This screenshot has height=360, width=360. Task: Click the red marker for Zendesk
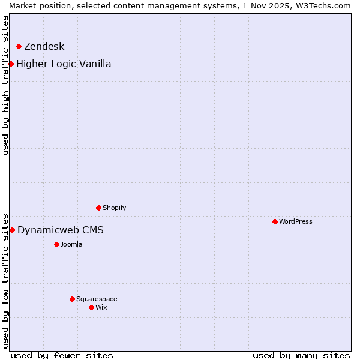(x=19, y=46)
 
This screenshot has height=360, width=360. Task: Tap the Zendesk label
(x=44, y=47)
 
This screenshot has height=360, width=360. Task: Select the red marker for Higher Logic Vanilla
(x=11, y=64)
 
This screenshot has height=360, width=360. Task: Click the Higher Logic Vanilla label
(x=64, y=64)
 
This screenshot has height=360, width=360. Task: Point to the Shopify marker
(x=98, y=208)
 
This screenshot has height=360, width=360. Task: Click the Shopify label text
(x=114, y=208)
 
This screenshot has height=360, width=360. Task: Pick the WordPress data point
(x=275, y=221)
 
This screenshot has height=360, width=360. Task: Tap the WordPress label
(x=295, y=222)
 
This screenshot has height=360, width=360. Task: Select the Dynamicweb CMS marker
(x=12, y=230)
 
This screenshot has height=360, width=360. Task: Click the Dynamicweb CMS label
(x=60, y=230)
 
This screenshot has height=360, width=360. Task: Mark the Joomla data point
(x=56, y=244)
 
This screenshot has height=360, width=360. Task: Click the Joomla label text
(x=71, y=245)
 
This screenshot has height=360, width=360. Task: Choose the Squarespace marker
(x=72, y=299)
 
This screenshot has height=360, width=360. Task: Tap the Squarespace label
(x=97, y=299)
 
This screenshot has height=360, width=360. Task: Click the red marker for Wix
(x=91, y=307)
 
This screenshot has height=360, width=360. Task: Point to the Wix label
(x=101, y=308)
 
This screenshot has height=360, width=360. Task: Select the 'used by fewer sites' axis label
(x=62, y=355)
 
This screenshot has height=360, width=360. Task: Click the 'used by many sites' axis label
(x=301, y=355)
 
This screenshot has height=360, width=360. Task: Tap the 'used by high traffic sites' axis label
(x=5, y=85)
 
